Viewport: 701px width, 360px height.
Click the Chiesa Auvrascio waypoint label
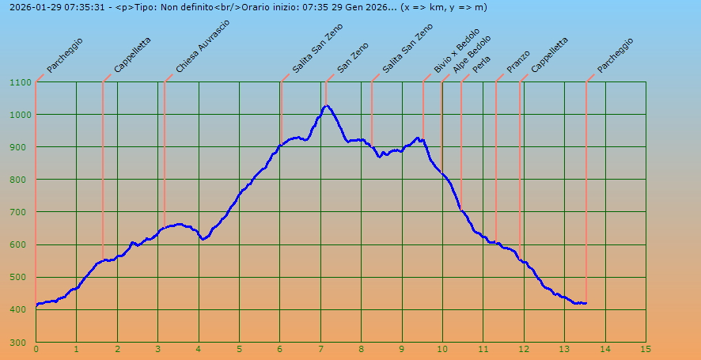click(x=203, y=47)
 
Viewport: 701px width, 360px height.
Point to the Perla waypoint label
click(x=481, y=63)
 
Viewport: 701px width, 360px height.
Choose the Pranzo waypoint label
click(x=518, y=61)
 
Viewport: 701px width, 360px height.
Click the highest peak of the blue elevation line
click(x=326, y=105)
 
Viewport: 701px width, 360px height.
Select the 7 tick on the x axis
click(x=320, y=349)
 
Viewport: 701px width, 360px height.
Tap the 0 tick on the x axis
click(x=36, y=349)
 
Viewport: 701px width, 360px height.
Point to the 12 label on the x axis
click(x=523, y=349)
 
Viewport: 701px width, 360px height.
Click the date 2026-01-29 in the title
click(x=28, y=7)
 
